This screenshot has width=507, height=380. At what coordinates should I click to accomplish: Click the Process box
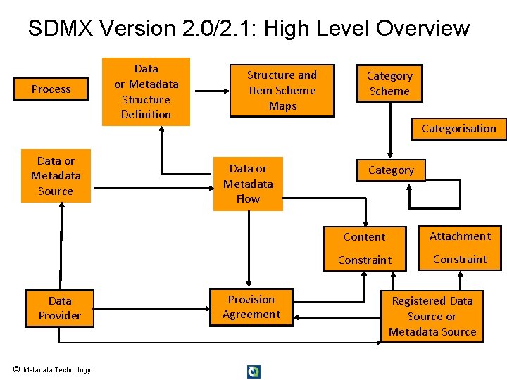51,89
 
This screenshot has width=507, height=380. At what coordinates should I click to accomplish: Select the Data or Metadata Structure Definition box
146,91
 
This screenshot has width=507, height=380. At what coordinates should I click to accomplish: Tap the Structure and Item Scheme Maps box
282,91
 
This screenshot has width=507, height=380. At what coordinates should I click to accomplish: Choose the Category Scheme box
389,84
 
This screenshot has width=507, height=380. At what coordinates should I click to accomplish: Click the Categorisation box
458,129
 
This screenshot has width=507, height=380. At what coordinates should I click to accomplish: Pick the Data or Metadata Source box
56,176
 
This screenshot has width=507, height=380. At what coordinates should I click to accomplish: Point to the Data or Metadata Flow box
248,184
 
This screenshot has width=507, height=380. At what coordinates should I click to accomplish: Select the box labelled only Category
391,170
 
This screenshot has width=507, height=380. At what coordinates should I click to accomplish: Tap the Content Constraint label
365,248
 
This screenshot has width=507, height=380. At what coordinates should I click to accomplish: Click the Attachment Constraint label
460,248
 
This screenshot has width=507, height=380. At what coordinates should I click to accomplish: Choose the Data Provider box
60,308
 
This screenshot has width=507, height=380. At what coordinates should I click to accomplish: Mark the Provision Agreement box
251,308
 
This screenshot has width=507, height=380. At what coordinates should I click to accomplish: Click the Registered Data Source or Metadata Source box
432,316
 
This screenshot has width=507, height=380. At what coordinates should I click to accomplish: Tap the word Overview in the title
423,29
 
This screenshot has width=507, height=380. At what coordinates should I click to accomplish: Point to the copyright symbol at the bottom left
15,369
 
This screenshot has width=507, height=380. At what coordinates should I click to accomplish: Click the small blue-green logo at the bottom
254,372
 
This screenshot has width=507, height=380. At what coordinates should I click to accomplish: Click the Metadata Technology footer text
57,370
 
